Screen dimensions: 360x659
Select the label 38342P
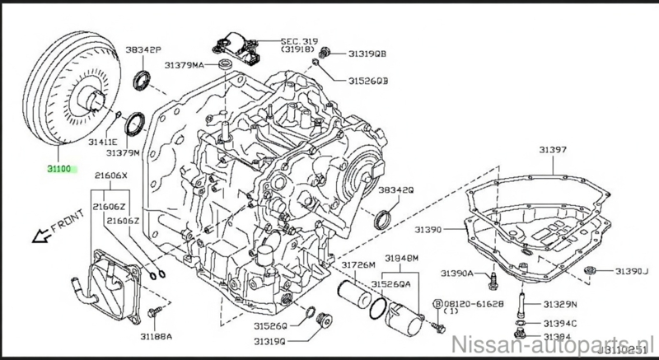click(144, 50)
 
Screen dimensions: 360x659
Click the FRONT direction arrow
click(50, 230)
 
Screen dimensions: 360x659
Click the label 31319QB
click(365, 54)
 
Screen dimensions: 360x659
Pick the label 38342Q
click(395, 190)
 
